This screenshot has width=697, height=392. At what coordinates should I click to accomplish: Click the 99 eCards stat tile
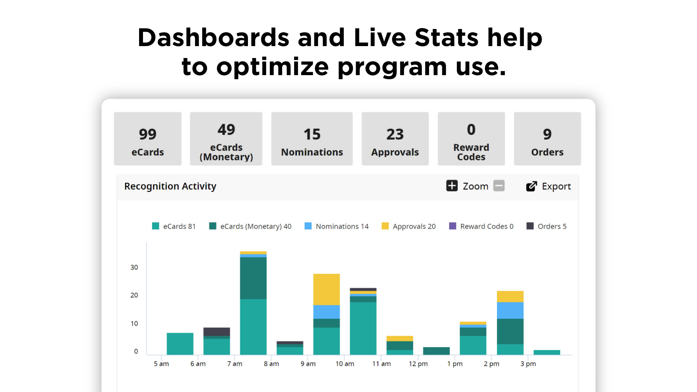coord(147,139)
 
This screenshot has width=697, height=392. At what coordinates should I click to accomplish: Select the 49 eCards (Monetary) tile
coord(226,139)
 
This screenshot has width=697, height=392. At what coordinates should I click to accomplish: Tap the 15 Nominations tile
coord(312,139)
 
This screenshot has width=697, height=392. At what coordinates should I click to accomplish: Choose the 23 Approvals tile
coord(395,139)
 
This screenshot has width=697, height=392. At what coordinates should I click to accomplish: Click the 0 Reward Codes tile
coord(471,139)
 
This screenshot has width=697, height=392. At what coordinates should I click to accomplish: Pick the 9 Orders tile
coord(547,139)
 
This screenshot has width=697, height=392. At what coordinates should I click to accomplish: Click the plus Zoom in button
coord(452,186)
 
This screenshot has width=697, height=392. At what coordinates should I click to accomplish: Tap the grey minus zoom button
coord(499,186)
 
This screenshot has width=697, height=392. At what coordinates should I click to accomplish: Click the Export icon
coord(531,186)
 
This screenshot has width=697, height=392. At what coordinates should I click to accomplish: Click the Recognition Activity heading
coord(170,186)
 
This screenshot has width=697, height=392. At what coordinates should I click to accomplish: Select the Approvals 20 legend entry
coord(409,226)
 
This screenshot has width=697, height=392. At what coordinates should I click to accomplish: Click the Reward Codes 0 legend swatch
coord(453,226)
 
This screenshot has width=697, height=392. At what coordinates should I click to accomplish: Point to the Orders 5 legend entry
coord(547,226)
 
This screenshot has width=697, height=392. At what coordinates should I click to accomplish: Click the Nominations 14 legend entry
coord(337,226)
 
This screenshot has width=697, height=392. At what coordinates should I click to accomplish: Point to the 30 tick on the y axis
coord(134,268)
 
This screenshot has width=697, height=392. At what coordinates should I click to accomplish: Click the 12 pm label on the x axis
coord(418,364)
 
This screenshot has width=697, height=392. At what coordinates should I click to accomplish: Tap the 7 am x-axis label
coord(235,364)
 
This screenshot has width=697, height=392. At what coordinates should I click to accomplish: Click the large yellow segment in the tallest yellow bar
coord(327,290)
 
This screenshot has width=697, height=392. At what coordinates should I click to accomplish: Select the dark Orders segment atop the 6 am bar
coord(217,332)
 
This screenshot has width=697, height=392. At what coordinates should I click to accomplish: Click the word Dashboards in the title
coord(213,37)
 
